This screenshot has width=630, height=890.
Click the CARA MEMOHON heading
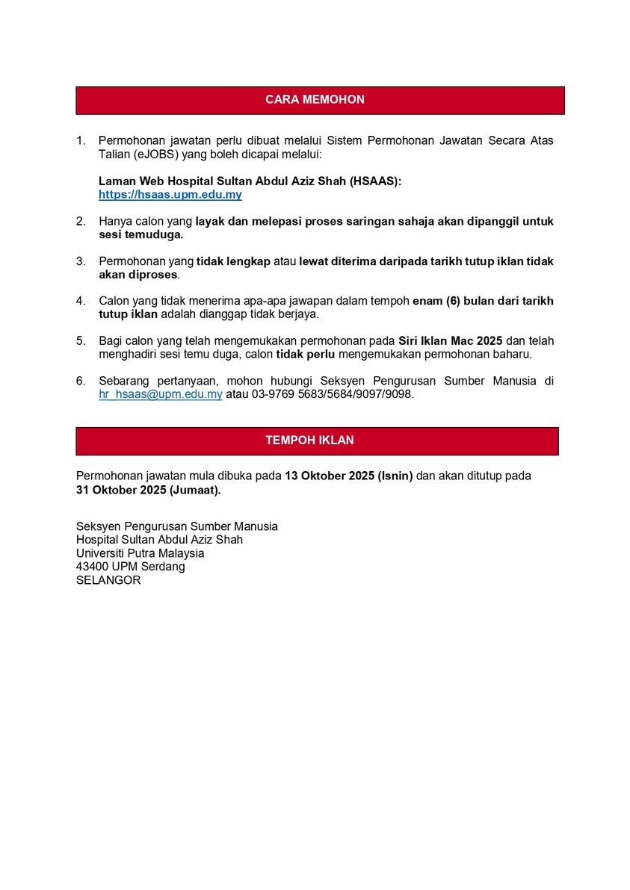click(315, 100)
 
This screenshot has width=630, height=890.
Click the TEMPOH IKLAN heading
click(309, 441)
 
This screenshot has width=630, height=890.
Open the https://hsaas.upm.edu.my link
click(170, 195)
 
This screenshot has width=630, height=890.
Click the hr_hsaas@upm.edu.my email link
click(161, 394)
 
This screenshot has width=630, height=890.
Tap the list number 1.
click(81, 140)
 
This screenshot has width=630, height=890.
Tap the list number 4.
click(81, 301)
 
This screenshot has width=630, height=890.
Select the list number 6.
click(81, 381)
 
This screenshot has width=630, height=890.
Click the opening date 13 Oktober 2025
click(328, 476)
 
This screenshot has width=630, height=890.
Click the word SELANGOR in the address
click(108, 580)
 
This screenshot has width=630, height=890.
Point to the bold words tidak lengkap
click(233, 261)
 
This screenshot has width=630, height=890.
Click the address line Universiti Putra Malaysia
click(140, 553)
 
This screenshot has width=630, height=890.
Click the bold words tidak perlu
click(305, 355)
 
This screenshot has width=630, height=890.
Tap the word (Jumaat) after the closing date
click(195, 490)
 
